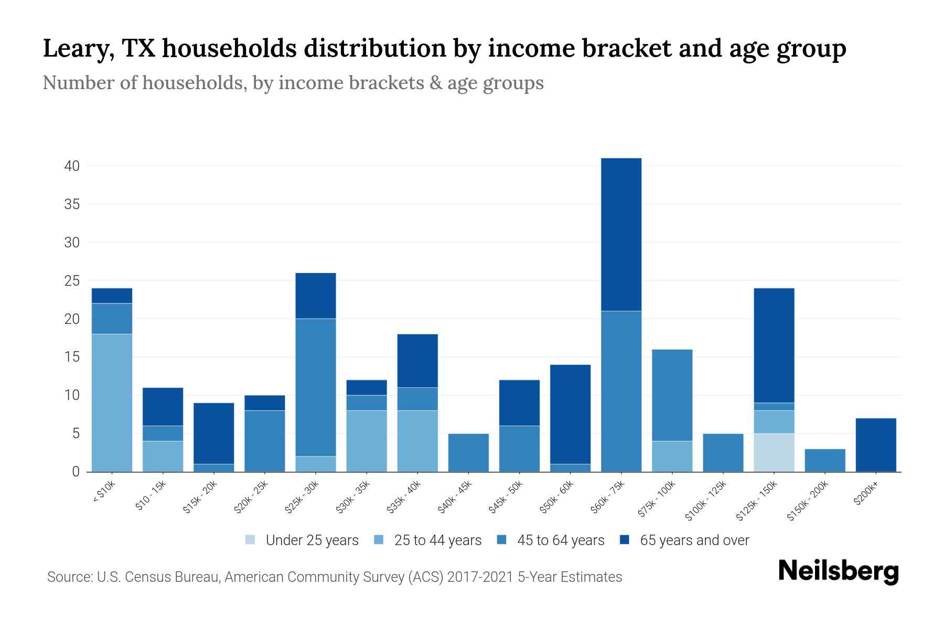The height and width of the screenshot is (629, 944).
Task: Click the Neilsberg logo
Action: click(838, 571)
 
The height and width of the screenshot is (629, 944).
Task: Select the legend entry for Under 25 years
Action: click(302, 540)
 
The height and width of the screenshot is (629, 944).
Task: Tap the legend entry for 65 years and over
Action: click(684, 540)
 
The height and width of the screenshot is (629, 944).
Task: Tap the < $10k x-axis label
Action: click(104, 492)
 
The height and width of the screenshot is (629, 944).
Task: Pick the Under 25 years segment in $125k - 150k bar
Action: click(774, 452)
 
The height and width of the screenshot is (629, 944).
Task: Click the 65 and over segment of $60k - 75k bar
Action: click(621, 234)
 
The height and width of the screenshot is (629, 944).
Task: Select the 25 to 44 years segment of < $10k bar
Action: click(112, 403)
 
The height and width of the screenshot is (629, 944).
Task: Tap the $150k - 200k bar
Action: click(824, 460)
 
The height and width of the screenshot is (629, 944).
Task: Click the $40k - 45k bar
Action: click(468, 452)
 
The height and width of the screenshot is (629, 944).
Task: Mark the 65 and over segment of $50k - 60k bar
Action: click(570, 414)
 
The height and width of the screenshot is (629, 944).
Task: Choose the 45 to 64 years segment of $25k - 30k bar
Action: click(316, 387)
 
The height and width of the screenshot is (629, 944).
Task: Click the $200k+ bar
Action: click(875, 444)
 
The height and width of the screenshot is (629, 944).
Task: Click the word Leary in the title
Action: click(79, 49)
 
